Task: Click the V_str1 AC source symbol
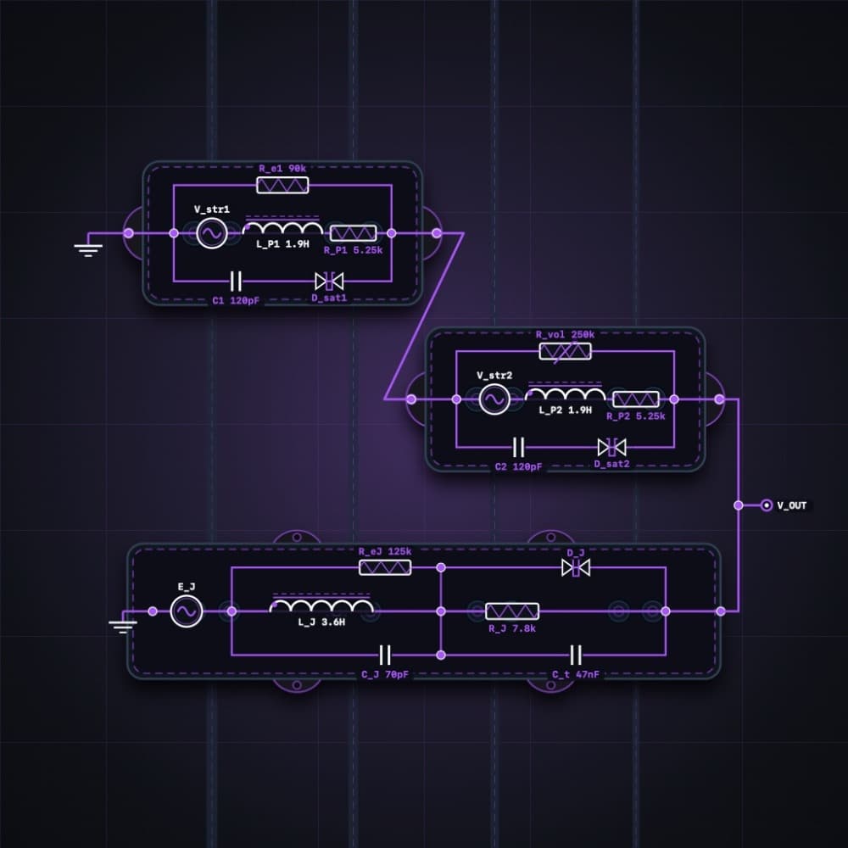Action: pos(211,233)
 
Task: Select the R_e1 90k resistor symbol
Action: pos(282,185)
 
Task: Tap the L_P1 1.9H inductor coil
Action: pos(283,226)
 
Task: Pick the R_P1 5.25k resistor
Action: pos(353,233)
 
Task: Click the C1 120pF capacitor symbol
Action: pos(236,282)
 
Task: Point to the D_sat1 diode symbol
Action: pos(329,282)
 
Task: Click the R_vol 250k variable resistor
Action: pos(565,352)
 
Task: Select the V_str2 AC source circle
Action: pos(494,399)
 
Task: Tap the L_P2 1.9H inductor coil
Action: pos(565,392)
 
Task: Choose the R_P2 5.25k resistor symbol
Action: pos(636,399)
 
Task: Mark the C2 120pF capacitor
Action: pos(518,447)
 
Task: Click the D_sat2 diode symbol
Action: pos(611,447)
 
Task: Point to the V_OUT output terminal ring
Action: pos(767,505)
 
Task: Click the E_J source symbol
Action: pos(187,611)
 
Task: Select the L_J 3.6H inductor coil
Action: pos(322,604)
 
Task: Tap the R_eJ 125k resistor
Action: pos(385,567)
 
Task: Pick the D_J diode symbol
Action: pos(576,567)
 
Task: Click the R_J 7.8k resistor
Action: pos(512,611)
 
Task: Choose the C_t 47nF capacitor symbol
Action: pos(576,655)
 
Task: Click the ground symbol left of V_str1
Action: pos(88,249)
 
